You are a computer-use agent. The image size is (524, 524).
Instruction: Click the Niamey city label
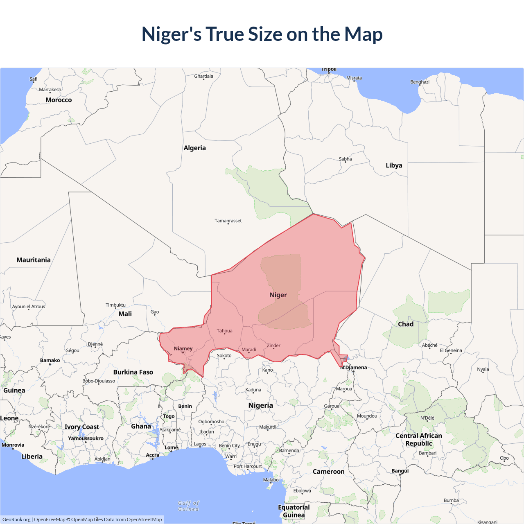[183, 349]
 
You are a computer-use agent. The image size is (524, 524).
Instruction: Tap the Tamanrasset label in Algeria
[228, 221]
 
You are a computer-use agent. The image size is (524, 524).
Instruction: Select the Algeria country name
[194, 148]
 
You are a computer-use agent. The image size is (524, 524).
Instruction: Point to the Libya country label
[394, 165]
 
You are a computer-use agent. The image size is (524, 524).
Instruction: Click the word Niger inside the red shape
[278, 295]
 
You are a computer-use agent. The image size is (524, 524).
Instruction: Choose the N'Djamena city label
[354, 368]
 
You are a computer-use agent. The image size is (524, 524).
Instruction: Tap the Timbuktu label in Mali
[115, 305]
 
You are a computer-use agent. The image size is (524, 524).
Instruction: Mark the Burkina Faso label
[133, 372]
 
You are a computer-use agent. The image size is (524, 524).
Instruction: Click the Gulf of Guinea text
[188, 506]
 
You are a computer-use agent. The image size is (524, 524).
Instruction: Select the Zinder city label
[273, 346]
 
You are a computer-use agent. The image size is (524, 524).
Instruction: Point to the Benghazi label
[420, 82]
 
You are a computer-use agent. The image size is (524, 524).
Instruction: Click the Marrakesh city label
[50, 90]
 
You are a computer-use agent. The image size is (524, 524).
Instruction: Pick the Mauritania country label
[34, 260]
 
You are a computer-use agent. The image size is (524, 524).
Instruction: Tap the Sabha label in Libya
[345, 159]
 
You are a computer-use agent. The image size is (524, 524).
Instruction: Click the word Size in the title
[266, 34]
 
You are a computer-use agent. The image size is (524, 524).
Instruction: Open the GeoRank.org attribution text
[16, 519]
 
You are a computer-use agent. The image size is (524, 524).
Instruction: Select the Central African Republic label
[419, 439]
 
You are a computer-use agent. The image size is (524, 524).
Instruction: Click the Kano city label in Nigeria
[267, 370]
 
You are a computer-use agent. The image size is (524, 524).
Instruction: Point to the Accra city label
[152, 455]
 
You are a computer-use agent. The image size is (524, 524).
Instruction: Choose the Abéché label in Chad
[429, 345]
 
